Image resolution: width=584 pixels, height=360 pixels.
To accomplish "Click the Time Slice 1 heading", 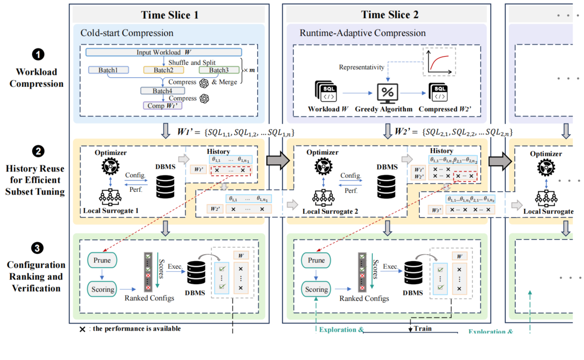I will (x=170, y=14).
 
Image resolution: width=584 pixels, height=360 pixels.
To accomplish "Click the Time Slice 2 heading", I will (x=389, y=14).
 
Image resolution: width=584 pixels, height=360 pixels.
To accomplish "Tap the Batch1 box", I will (x=108, y=70).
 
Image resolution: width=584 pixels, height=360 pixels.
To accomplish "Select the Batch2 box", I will (x=163, y=70).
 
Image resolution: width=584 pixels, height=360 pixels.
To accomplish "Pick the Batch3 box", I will (x=218, y=70).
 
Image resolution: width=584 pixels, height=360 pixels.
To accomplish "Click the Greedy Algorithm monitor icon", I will (x=389, y=92).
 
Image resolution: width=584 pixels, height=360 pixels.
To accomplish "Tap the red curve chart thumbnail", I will (x=439, y=61).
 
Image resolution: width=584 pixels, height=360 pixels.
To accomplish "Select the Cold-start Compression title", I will (x=127, y=33).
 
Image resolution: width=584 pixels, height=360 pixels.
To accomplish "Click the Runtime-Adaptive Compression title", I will (x=362, y=33).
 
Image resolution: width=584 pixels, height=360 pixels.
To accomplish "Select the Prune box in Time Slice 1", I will (x=102, y=260).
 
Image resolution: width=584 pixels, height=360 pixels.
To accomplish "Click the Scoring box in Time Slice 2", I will (x=317, y=289).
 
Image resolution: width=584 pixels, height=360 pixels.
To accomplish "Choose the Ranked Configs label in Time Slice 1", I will (x=150, y=298).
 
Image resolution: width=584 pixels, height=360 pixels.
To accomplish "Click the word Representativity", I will (x=361, y=67).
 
